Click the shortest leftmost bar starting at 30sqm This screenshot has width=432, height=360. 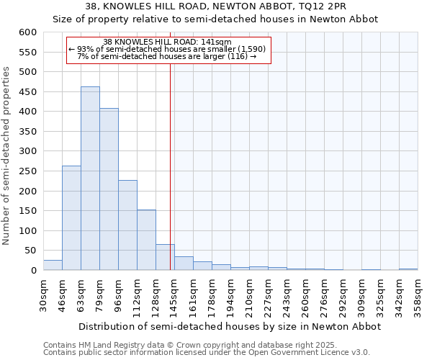tap(53, 265)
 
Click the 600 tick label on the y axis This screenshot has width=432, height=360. tap(27, 32)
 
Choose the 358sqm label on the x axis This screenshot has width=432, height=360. tap(417, 295)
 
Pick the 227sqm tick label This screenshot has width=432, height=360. tap(267, 295)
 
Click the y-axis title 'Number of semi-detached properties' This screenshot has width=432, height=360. tap(8, 156)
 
